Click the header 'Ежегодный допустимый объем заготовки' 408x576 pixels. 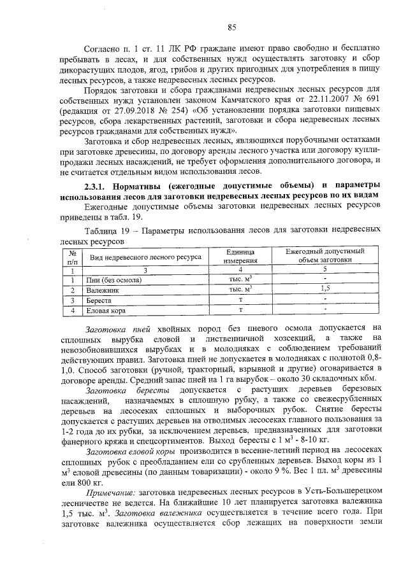click(324, 256)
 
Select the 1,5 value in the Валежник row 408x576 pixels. click(324, 289)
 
